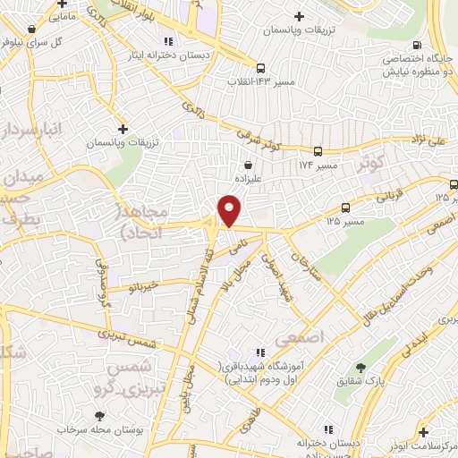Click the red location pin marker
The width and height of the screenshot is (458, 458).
(230, 211)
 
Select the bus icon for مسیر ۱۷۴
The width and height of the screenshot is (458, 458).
(316, 152)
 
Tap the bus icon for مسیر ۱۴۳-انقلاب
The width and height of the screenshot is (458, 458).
(259, 68)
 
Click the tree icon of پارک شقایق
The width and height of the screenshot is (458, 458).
(360, 368)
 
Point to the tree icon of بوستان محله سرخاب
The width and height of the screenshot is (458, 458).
(98, 415)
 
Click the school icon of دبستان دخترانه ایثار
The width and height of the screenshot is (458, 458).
(166, 41)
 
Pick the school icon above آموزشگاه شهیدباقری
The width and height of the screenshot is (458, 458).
(259, 354)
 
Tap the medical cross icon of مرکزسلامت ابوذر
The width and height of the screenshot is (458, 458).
(423, 430)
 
